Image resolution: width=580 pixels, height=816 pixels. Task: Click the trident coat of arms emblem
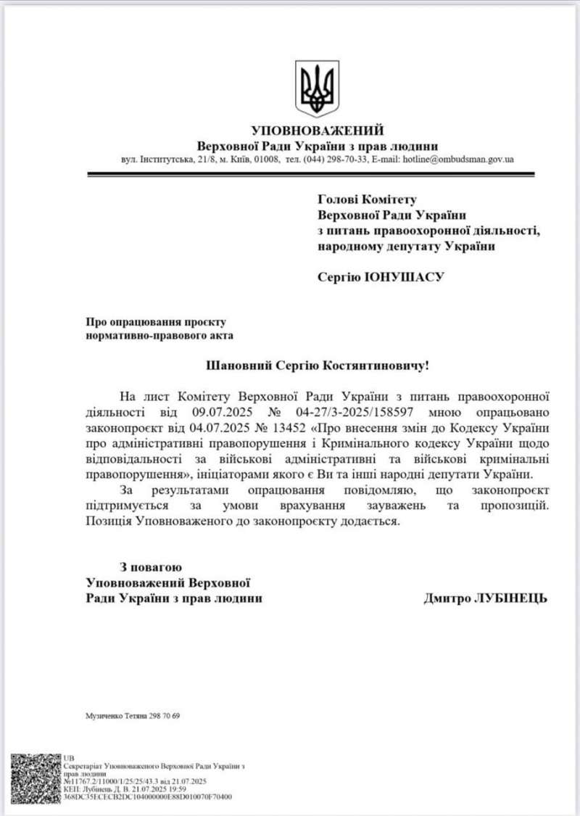318,88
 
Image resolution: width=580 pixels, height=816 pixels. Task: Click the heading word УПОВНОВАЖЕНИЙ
317,131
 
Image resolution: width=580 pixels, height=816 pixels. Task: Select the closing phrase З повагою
151,566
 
